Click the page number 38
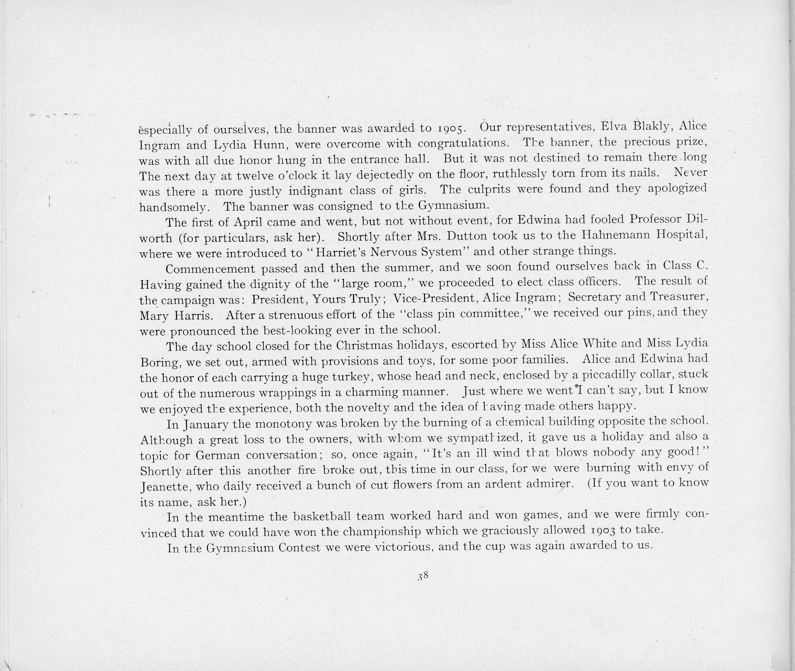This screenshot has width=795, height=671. click(423, 576)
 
